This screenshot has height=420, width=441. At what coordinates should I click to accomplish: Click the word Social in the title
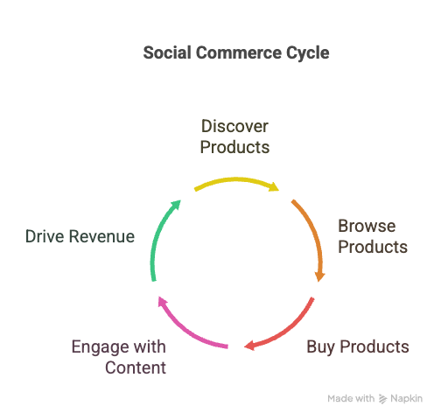point(167,52)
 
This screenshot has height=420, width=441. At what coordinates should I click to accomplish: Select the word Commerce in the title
point(239,52)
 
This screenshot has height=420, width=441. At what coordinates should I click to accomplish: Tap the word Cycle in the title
point(308,54)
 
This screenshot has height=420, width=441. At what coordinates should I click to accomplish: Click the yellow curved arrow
point(235,179)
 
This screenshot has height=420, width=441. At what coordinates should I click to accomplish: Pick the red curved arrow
point(289,330)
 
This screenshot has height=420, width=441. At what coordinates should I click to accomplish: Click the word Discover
point(234,126)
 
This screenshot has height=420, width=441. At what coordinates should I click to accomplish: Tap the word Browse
point(367,226)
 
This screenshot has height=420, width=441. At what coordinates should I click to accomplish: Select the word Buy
point(320,347)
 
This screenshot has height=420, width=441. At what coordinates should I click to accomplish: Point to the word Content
point(136,367)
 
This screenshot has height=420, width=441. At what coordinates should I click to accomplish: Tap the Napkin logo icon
point(382,399)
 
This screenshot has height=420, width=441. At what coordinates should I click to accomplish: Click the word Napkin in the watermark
point(407,399)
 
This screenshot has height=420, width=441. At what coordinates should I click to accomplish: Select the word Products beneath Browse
point(373,247)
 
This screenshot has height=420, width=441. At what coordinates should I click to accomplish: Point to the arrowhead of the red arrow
point(249,346)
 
